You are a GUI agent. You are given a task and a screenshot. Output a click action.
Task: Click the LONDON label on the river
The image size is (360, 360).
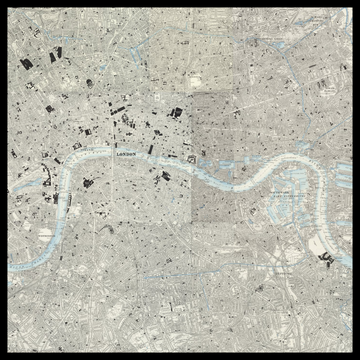click(127, 155)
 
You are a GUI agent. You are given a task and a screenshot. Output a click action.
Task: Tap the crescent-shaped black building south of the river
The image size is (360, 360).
click(88, 182)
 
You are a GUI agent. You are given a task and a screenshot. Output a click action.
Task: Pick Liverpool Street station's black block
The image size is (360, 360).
click(177, 114)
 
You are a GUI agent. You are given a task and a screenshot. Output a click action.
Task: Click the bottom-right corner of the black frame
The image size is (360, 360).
click(357, 357)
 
